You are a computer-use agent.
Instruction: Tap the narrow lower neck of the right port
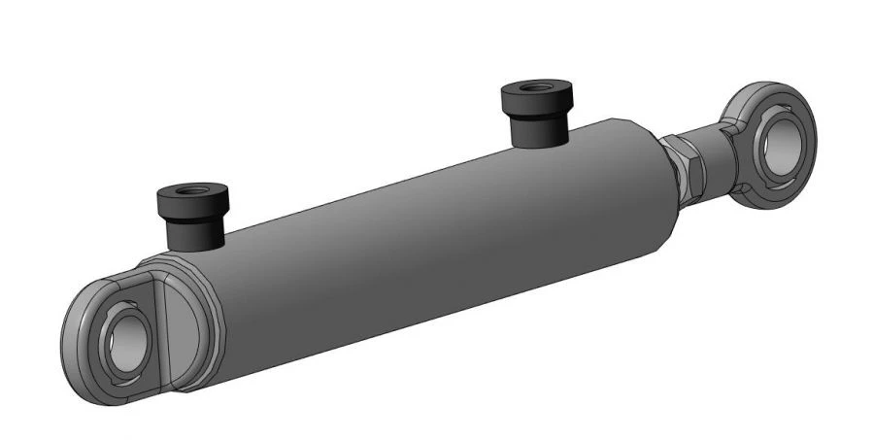pyautogui.click(x=538, y=131)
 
